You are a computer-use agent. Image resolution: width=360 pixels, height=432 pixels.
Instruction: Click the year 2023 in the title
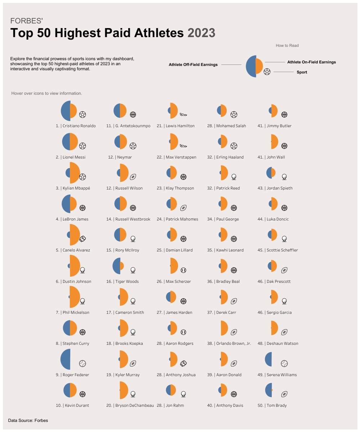coord(201,33)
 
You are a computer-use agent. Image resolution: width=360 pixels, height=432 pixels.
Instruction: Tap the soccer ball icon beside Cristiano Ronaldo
coord(83,115)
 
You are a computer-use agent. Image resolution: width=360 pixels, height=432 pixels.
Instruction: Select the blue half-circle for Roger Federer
coord(66,359)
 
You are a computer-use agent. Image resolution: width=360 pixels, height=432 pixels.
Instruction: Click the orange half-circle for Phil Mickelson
coord(75,297)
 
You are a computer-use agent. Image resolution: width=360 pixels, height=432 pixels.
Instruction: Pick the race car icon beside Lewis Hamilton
coord(183,115)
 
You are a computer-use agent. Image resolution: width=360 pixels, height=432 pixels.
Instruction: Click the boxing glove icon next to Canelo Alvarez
coord(83,239)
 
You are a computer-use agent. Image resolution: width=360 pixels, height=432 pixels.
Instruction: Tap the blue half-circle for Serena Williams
coord(268,359)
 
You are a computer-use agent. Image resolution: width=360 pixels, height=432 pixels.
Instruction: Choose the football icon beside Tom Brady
coord(284,394)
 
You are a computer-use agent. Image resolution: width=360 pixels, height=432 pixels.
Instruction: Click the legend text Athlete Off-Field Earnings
coord(193,65)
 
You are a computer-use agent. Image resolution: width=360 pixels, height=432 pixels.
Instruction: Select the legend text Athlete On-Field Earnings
coord(311,62)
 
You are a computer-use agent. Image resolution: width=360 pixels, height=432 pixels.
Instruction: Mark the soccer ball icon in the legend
coord(267,72)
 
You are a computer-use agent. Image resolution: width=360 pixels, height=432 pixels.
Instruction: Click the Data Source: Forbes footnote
coord(28,420)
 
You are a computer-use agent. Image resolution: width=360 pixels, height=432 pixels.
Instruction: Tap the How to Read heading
coord(287,45)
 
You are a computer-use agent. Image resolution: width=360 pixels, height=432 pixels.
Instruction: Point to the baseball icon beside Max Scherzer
coord(183,270)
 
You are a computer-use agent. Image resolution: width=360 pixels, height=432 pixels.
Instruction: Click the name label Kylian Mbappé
coord(76,188)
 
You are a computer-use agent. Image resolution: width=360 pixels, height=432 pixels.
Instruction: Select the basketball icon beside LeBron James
coord(83,208)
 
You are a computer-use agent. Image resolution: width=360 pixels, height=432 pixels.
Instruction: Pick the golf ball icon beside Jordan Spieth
coord(284,177)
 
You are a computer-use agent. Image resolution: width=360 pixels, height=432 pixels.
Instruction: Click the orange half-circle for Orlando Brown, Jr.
coord(224,328)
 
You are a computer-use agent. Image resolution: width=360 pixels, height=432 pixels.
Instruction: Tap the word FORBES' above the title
coord(27,21)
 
